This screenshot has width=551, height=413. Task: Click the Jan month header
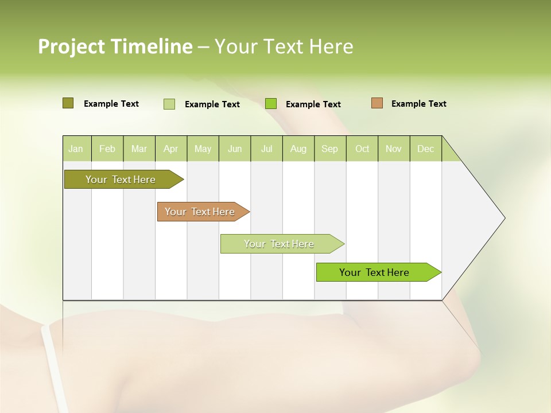coord(76,149)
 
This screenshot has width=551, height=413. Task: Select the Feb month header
coord(107,149)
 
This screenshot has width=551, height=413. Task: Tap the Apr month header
coord(171,149)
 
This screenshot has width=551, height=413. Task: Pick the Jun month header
coord(235,149)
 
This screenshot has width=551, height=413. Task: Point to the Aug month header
coord(298,149)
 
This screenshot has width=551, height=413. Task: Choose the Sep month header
coord(330,149)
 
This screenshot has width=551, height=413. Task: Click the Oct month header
coord(362,149)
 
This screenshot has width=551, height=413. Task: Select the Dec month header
coord(426,149)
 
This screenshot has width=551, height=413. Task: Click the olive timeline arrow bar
coord(121,180)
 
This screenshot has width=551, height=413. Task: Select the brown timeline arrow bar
coord(200,212)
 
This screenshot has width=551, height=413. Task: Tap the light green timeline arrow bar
coord(279,244)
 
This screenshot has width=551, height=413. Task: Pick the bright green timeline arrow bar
coord(374,272)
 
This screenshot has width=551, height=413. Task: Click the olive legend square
coord(68,103)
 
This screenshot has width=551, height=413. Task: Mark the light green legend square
coord(169,104)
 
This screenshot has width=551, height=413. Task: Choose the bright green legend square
coord(271,104)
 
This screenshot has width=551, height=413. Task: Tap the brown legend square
coord(377,103)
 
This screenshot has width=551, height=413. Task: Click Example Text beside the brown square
coord(418,104)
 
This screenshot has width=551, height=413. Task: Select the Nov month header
coord(394,149)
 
